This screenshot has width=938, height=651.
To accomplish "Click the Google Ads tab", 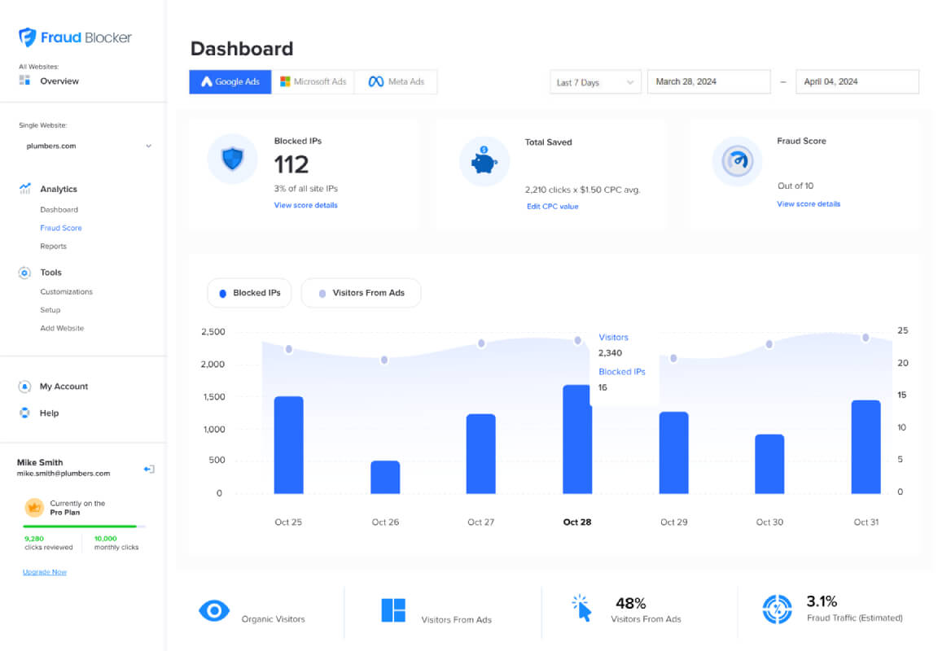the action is click(230, 82).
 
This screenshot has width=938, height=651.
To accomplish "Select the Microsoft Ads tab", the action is click(313, 82).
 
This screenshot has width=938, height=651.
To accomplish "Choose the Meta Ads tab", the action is click(396, 82).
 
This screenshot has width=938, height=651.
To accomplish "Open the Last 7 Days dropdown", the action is click(595, 82).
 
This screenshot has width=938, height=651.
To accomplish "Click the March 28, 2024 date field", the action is click(709, 82).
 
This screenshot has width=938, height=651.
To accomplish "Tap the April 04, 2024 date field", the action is click(857, 82).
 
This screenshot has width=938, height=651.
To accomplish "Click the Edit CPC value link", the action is click(553, 206).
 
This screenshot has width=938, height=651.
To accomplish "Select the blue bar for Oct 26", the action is click(385, 477).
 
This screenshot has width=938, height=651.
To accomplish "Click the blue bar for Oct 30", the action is click(769, 464).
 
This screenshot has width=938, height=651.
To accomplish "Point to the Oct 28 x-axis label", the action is click(577, 522).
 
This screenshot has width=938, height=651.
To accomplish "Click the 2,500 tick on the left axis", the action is click(213, 332).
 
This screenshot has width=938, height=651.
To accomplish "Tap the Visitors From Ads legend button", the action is click(361, 293).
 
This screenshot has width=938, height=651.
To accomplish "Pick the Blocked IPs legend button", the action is click(249, 293).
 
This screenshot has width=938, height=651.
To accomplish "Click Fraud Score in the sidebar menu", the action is click(61, 228).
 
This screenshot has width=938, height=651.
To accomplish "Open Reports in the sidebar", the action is click(53, 247).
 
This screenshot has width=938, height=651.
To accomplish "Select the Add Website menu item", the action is click(62, 328).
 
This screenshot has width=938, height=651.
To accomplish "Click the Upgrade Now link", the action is click(45, 572).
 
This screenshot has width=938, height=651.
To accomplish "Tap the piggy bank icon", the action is click(484, 161).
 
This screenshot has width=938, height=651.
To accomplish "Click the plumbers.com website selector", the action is click(88, 146).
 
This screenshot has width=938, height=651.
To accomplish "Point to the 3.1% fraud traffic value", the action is click(822, 601).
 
